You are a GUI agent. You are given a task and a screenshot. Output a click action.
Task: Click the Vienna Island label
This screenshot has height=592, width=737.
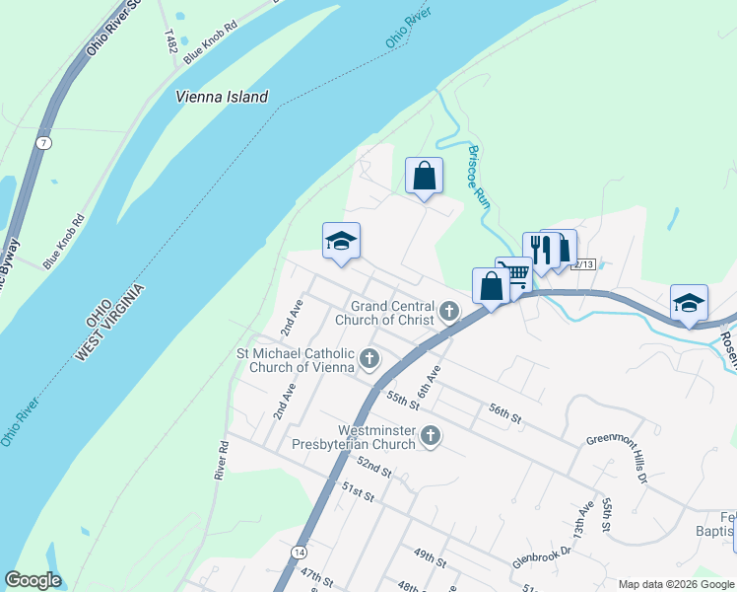coord(222,97)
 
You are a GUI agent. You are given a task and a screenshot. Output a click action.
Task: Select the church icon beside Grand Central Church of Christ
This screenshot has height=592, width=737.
coord(449,313)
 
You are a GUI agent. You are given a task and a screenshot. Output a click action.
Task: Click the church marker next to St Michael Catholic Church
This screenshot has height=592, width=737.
coord(369,358)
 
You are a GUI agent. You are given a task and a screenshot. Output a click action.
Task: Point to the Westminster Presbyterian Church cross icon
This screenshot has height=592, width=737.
coord(431,435)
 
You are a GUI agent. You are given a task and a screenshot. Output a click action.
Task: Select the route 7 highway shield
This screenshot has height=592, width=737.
coord(43,142)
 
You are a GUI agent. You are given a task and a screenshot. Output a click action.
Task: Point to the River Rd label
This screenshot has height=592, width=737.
coord(222,460)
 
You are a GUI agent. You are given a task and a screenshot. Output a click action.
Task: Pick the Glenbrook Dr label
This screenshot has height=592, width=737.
coord(541,557)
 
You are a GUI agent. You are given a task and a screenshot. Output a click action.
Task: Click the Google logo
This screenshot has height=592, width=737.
coord(33,580)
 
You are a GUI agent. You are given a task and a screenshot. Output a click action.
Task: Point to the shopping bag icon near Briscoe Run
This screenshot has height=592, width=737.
coord(424,177)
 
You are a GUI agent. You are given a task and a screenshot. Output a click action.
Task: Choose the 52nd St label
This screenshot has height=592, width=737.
coord(374,467)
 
